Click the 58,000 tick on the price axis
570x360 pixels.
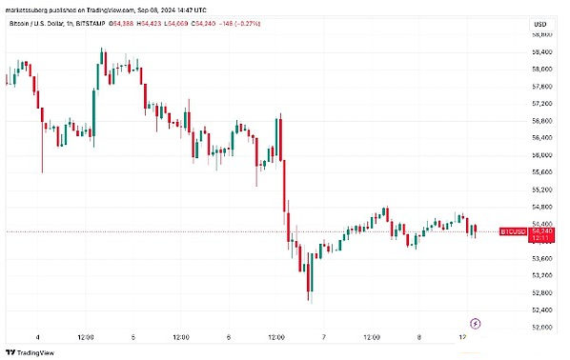click(x=542, y=69)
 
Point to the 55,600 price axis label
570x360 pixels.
click(x=542, y=171)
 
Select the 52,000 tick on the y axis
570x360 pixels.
click(x=542, y=327)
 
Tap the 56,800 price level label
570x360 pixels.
click(x=542, y=120)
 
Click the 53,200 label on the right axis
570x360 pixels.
click(x=542, y=275)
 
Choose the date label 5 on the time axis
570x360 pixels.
click(x=133, y=337)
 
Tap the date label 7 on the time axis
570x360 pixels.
click(x=325, y=337)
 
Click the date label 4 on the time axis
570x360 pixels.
click(x=37, y=337)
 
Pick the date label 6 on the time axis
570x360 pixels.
click(x=229, y=337)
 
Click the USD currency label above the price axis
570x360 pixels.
click(x=539, y=23)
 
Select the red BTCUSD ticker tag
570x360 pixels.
click(x=513, y=231)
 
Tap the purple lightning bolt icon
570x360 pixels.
click(x=477, y=324)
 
